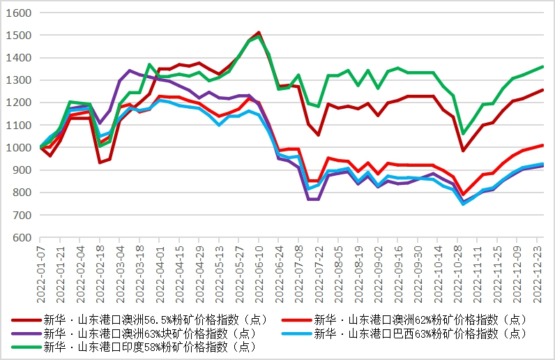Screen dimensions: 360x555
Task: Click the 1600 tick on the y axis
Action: (x=20, y=13)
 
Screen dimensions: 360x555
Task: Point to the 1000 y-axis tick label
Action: (x=20, y=148)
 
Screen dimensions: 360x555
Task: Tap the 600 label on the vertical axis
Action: (x=22, y=238)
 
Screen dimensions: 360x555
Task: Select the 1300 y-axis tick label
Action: (x=20, y=80)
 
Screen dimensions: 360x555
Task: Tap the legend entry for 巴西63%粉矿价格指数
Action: (x=419, y=333)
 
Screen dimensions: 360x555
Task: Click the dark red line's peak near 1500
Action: (x=259, y=32)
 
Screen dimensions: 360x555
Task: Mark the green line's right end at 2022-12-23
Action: (x=542, y=67)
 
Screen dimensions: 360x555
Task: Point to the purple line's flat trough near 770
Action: (x=314, y=200)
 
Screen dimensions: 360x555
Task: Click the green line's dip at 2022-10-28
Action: (x=462, y=133)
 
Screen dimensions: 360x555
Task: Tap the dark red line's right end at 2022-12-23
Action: (x=542, y=90)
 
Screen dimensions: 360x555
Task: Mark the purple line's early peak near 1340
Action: (x=130, y=70)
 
